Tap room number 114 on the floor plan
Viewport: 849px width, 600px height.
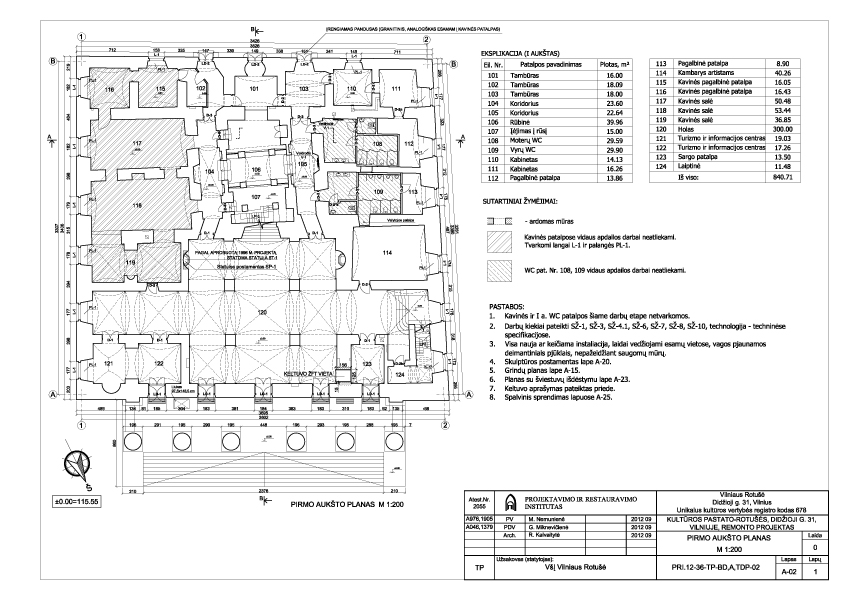pos(383,253)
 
